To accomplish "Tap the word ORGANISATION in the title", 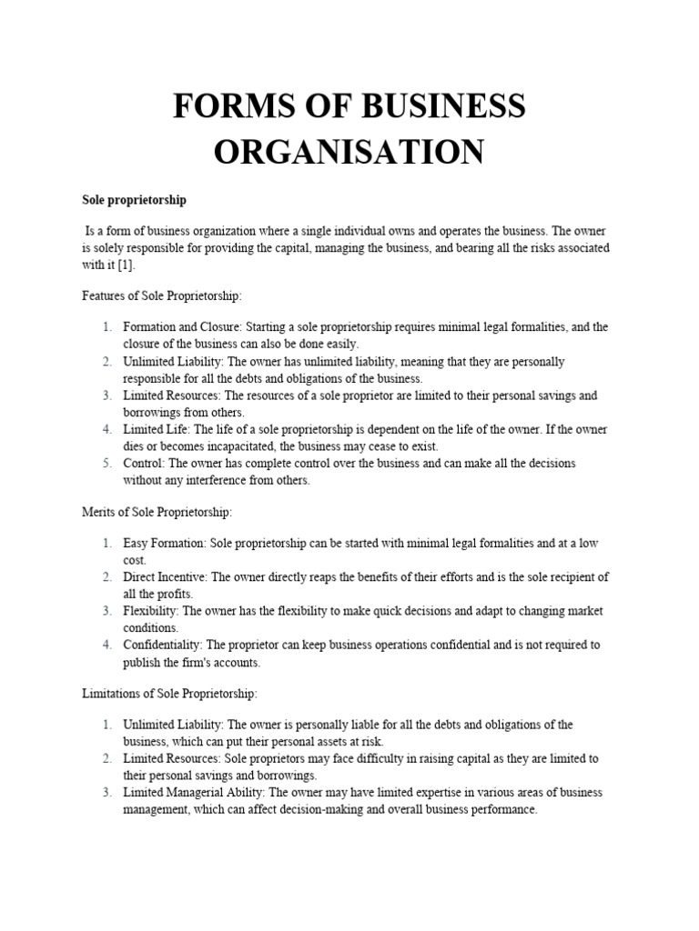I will pyautogui.click(x=349, y=151).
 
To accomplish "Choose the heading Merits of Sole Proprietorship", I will pyautogui.click(x=157, y=512).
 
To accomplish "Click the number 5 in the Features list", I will pyautogui.click(x=106, y=464).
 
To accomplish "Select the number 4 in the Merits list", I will pyautogui.click(x=106, y=646).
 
